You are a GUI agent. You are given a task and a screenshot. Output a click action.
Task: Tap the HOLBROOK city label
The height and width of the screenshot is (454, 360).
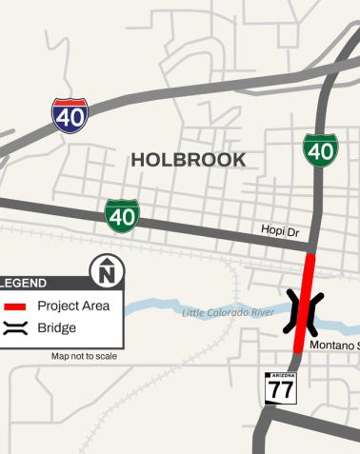(188, 160)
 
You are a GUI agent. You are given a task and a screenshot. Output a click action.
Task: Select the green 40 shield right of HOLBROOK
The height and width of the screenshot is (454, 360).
(320, 150)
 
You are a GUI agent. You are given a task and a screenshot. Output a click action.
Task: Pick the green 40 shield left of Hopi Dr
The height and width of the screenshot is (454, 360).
(121, 216)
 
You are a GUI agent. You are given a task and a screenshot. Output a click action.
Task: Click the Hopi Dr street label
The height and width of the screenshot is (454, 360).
(280, 230)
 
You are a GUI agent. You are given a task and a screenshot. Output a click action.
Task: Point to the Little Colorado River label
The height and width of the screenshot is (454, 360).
(228, 312)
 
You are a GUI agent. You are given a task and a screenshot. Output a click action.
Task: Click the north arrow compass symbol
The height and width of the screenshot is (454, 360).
(105, 274)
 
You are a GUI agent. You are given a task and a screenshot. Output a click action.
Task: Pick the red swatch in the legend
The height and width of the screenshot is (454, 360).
(14, 306)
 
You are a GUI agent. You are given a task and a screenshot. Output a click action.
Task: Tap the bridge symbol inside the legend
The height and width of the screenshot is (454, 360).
(14, 327)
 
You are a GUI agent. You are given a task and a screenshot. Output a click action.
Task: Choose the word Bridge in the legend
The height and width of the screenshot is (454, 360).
(56, 327)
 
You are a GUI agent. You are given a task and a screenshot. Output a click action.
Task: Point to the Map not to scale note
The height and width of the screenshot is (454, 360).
(84, 357)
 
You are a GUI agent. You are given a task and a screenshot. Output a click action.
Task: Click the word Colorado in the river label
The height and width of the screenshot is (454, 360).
(230, 312)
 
